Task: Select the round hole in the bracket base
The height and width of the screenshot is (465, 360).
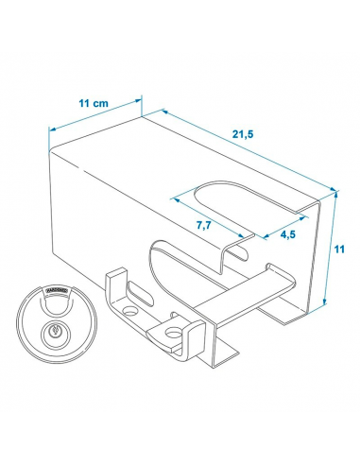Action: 175,333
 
